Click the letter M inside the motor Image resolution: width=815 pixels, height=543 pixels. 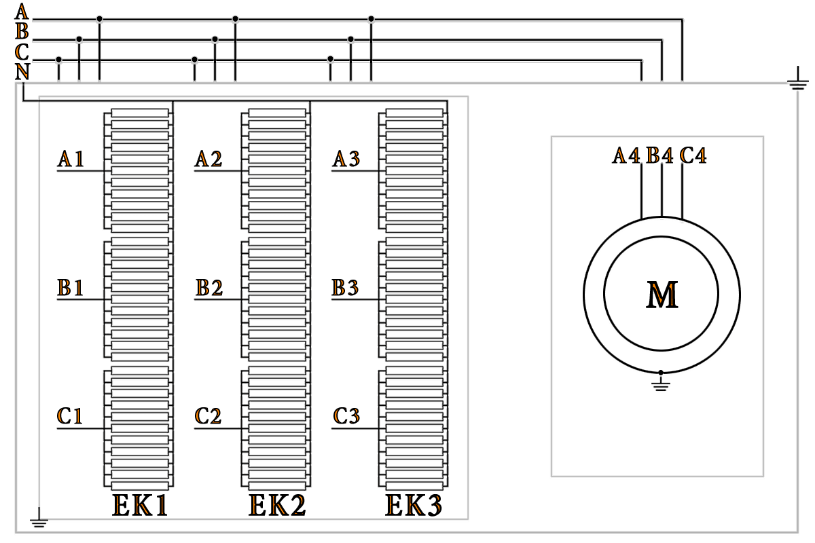(x=662, y=295)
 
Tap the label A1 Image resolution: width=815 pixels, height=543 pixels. (x=70, y=160)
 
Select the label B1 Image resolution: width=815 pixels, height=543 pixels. (x=70, y=288)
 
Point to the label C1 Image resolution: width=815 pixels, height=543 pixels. (x=70, y=416)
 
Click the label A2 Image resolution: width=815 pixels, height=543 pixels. (x=208, y=160)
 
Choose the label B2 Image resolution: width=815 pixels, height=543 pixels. (x=209, y=288)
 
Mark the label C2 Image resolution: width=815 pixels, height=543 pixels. (x=208, y=416)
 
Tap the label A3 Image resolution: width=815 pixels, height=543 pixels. (x=346, y=160)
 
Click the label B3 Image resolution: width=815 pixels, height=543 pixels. (x=345, y=288)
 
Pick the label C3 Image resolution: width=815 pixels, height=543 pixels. (x=346, y=416)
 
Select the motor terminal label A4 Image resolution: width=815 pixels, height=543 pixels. (x=626, y=156)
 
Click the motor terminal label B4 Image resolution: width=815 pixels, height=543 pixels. (x=659, y=156)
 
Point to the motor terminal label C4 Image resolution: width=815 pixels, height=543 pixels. (x=693, y=156)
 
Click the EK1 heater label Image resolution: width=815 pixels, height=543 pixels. (x=140, y=506)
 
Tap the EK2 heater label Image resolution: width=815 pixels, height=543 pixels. (x=277, y=506)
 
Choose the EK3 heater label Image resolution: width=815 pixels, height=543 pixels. (x=414, y=506)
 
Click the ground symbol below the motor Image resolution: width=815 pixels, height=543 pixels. (x=661, y=385)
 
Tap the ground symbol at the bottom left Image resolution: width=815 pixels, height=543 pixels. (x=39, y=523)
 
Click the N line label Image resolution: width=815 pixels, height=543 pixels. (x=22, y=72)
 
